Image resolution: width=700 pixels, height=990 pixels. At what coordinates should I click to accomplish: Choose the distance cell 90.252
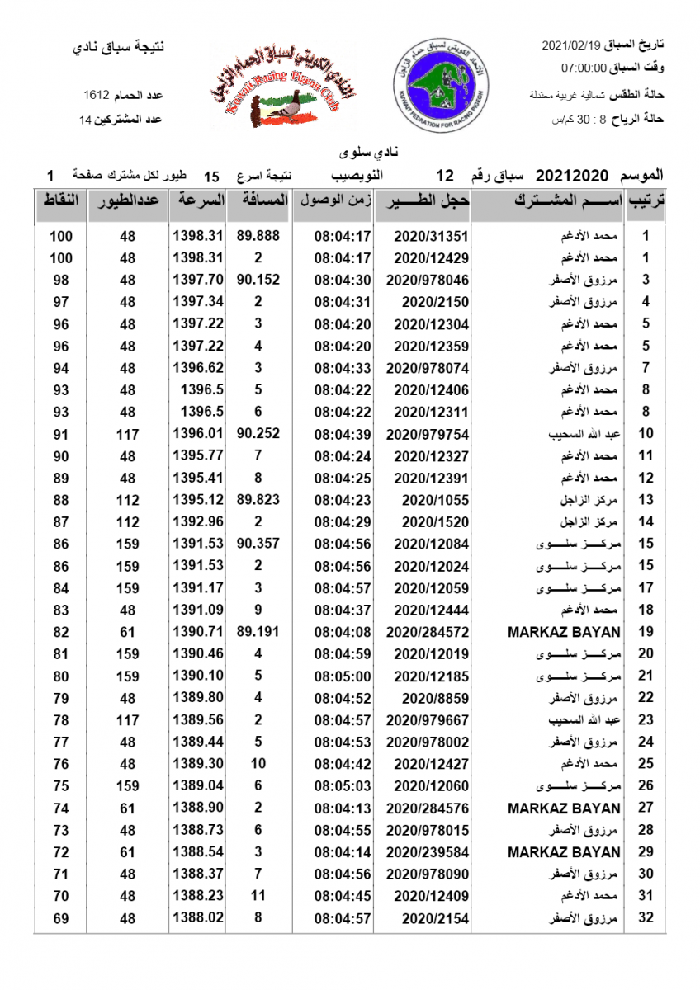[258, 433]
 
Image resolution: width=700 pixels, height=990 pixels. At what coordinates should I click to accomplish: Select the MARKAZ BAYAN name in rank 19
[564, 632]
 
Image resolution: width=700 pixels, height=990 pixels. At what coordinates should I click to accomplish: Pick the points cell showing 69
[60, 917]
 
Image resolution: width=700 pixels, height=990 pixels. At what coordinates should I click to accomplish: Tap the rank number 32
[646, 917]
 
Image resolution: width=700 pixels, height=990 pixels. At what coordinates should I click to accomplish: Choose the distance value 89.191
[258, 632]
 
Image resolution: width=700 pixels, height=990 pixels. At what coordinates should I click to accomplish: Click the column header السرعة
[198, 200]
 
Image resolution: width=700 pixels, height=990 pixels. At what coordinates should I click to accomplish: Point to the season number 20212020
[572, 176]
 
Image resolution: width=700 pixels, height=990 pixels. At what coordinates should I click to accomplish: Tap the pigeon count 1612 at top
[98, 97]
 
